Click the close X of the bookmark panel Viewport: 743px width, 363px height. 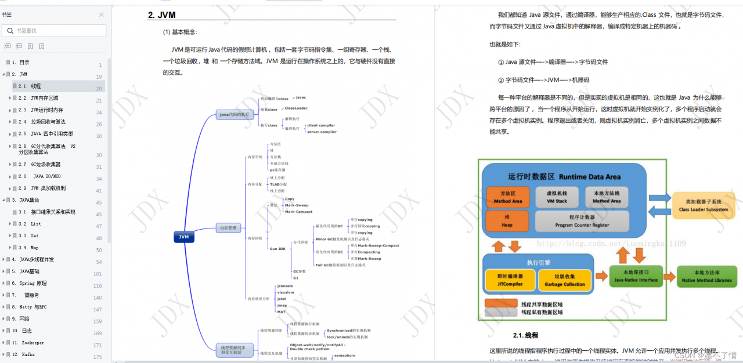pos(102,14)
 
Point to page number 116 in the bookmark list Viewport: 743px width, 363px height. pos(98,286)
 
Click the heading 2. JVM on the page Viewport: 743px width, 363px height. pos(162,15)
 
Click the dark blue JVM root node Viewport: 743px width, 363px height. pos(184,237)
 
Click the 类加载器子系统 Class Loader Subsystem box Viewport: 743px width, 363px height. pos(703,205)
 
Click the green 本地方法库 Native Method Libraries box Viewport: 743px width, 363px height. pos(706,277)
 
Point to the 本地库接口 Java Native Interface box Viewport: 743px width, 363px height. pos(636,277)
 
